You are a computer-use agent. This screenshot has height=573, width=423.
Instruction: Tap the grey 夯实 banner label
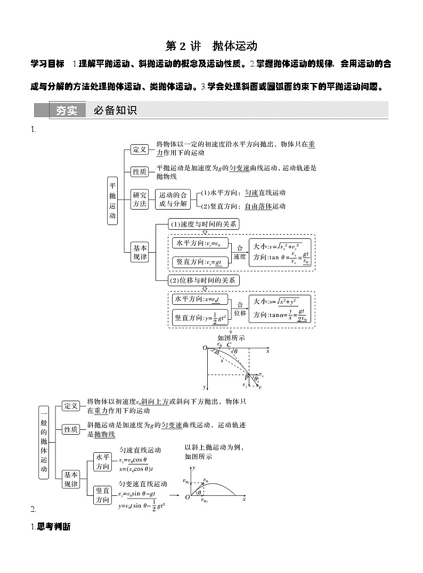tap(67, 110)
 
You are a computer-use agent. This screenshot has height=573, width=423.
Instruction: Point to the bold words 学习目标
tap(48, 64)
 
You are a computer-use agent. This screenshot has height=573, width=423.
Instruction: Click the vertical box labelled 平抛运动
tap(112, 201)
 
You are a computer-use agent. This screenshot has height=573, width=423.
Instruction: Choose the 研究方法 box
tap(140, 198)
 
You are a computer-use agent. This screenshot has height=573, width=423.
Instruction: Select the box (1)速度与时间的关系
tap(204, 224)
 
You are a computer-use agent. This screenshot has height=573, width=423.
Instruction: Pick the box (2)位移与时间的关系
tap(204, 280)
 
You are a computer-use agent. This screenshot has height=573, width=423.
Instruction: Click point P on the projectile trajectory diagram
tap(247, 377)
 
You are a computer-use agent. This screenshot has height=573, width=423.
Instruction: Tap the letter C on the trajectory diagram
tap(229, 345)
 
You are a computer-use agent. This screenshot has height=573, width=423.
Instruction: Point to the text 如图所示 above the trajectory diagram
tap(231, 337)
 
